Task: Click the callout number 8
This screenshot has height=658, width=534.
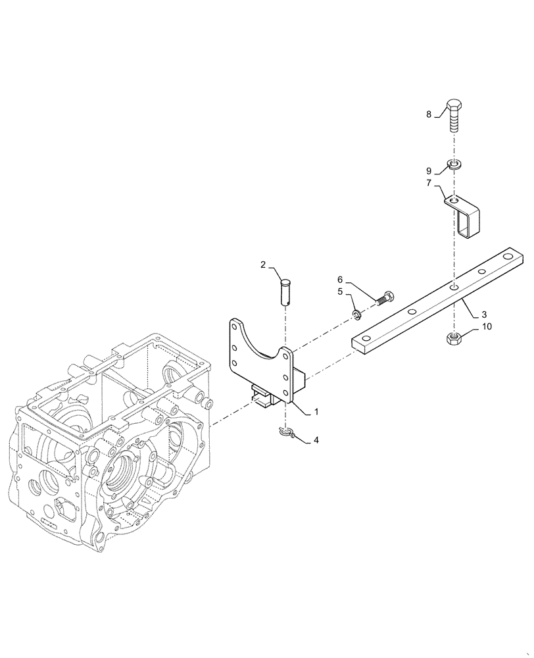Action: [x=429, y=114]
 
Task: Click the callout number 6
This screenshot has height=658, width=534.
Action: [x=341, y=279]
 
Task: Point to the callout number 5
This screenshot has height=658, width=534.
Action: [x=341, y=291]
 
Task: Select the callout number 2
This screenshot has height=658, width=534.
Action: [x=262, y=265]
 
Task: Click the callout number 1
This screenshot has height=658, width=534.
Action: [x=316, y=411]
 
